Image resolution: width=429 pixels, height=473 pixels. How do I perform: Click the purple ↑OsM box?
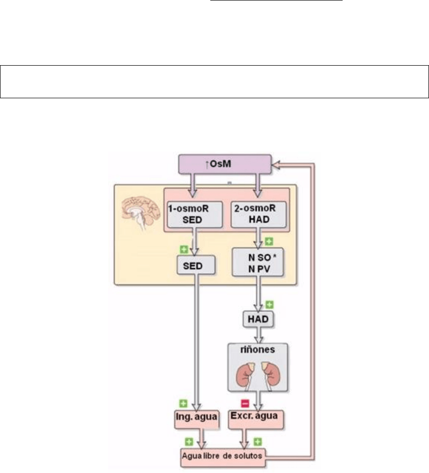225,164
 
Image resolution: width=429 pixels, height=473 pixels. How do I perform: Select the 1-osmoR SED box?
195,214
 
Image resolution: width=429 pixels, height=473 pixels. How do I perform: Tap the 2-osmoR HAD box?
259,214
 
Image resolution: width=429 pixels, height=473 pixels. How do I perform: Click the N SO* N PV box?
258,262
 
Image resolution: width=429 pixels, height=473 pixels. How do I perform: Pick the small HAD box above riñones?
258,319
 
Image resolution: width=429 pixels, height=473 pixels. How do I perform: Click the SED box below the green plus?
196,265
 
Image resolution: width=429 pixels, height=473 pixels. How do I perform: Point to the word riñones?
258,350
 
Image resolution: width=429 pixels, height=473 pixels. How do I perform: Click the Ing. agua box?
196,419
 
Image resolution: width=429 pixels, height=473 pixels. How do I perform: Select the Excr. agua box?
256,419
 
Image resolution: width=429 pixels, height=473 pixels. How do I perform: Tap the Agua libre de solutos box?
223,457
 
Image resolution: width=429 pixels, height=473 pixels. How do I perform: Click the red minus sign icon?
245,403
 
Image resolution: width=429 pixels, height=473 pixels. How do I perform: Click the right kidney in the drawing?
271,376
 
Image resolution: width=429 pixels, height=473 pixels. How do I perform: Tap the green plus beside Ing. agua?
183,403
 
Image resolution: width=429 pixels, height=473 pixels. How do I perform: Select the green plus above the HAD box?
269,305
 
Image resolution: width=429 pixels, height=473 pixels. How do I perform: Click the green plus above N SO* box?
269,241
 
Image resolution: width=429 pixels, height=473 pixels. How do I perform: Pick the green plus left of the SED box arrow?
184,249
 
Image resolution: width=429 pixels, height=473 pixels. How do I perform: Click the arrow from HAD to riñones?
259,335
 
